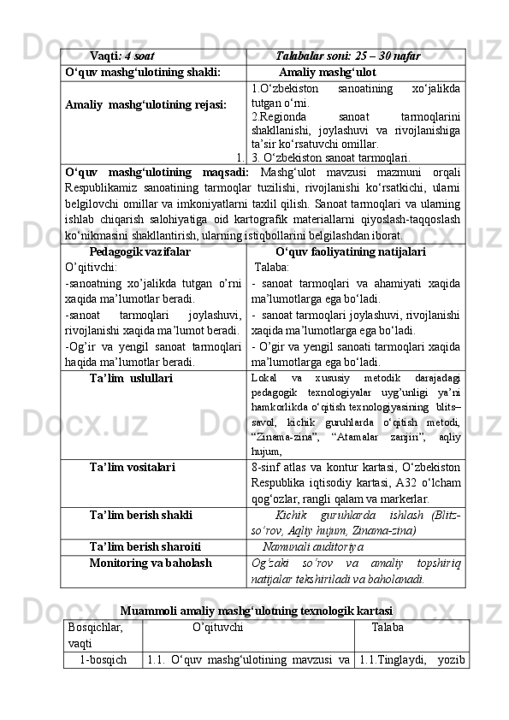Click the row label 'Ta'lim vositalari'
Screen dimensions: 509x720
click(133, 467)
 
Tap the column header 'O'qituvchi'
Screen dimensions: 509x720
click(217, 627)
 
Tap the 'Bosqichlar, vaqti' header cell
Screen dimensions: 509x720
click(95, 634)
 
